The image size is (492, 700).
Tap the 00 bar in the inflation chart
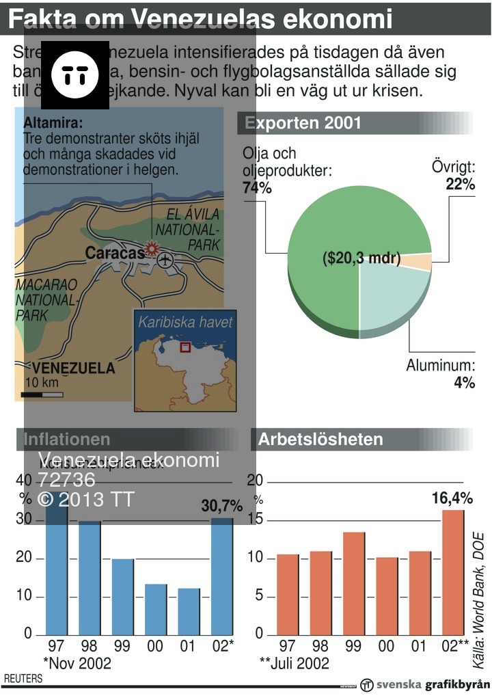(156, 608)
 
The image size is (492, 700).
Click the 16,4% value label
(452, 498)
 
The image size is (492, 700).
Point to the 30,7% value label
(221, 506)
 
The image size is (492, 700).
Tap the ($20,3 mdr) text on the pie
(361, 258)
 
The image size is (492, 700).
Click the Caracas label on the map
(114, 253)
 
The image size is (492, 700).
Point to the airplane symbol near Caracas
(165, 260)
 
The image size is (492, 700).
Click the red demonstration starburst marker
(152, 248)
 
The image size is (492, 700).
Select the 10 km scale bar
(42, 395)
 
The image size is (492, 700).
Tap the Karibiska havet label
(185, 322)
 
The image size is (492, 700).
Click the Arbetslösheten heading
(320, 440)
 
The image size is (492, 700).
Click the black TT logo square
(75, 75)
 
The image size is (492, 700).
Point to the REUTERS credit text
(23, 679)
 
